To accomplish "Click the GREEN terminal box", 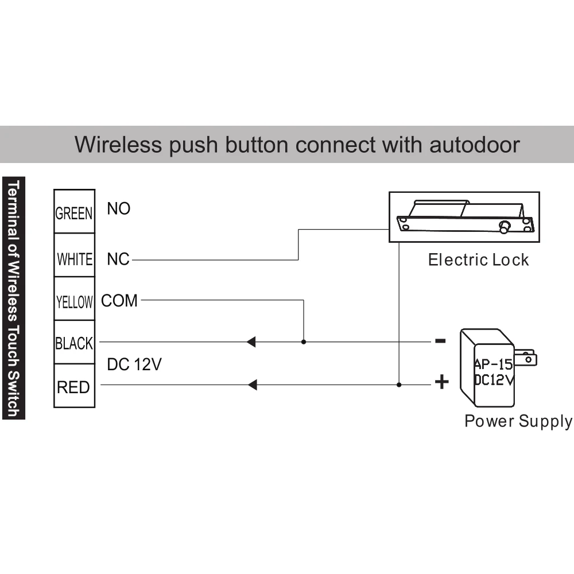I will click(x=74, y=212).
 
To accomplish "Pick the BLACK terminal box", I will click(x=74, y=343).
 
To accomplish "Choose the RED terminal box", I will click(x=74, y=386).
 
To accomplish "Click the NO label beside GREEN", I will click(x=119, y=209).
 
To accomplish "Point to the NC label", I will click(x=118, y=259).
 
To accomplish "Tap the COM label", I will click(x=119, y=301).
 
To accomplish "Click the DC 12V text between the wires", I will click(x=134, y=365).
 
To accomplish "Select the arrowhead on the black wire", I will click(x=251, y=342).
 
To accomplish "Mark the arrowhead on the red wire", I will click(x=252, y=385).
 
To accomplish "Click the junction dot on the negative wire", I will click(x=304, y=342).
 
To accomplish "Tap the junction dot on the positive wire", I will click(x=399, y=385).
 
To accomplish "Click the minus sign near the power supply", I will click(x=440, y=341).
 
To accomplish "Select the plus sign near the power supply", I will click(x=441, y=382).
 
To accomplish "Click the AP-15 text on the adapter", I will click(x=493, y=364).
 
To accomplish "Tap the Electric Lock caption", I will click(x=478, y=260).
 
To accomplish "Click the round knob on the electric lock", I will click(x=505, y=227).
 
